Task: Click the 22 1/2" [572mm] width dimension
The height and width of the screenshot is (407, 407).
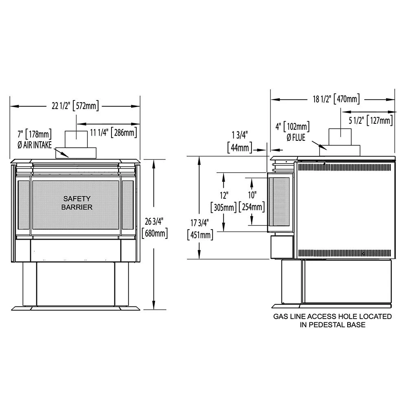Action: [75, 107]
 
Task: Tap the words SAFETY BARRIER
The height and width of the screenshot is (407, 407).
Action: [77, 203]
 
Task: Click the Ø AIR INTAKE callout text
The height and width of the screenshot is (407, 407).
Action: [35, 138]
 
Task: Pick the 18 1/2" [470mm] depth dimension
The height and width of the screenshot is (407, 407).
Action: [334, 99]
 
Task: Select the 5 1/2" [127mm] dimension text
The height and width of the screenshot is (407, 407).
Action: [371, 121]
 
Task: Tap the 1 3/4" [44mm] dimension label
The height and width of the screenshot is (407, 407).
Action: [240, 142]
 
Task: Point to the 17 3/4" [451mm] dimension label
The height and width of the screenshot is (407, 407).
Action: [198, 229]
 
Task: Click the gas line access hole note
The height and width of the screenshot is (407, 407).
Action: [332, 320]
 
